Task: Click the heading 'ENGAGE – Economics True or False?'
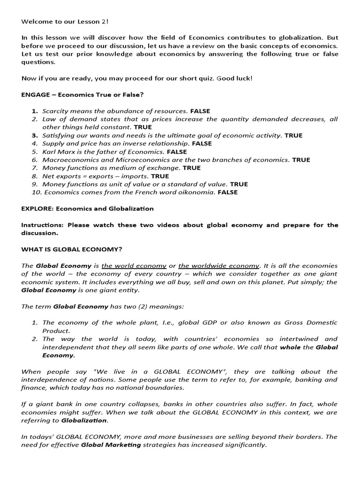coord(82,95)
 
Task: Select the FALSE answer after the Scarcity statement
coord(201,111)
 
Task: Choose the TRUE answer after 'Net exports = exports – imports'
coord(160,176)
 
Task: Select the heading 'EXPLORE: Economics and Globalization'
coord(87,209)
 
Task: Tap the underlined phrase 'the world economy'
coord(134,265)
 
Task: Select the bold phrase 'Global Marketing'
coord(111,445)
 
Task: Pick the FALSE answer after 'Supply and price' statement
coord(202,143)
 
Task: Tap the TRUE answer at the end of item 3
coord(293,135)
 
